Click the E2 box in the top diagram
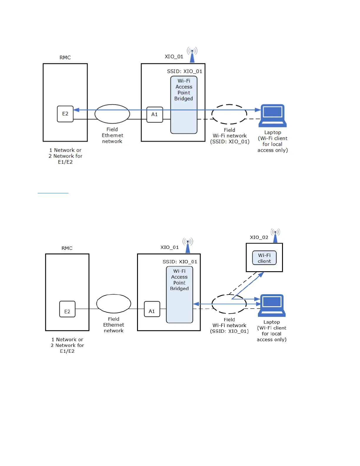(65, 114)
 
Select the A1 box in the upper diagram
(155, 114)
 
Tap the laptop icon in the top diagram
(273, 115)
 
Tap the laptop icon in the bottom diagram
(272, 305)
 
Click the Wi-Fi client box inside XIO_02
(264, 258)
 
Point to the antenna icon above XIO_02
(275, 236)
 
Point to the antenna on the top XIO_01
(192, 55)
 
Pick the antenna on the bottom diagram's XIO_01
(188, 245)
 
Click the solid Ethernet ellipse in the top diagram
(112, 114)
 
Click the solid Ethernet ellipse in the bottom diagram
(114, 304)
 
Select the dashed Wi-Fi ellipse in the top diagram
(229, 114)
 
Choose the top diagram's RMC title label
(65, 57)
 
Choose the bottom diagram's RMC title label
(67, 248)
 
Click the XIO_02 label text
(259, 237)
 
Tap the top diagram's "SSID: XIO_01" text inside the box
(185, 71)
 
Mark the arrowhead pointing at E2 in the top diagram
(76, 110)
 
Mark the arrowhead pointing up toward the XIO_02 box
(261, 275)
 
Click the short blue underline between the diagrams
(53, 193)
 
